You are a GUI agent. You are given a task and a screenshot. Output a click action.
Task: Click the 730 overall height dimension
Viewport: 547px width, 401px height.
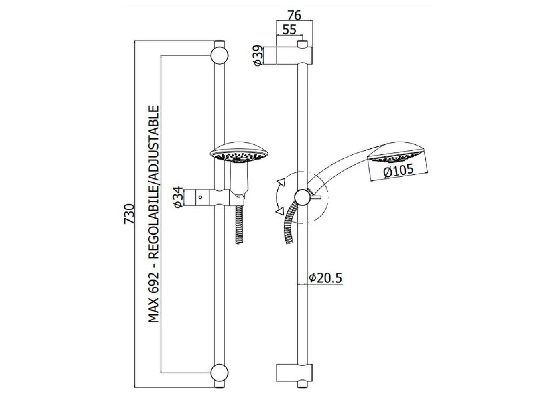click(x=129, y=214)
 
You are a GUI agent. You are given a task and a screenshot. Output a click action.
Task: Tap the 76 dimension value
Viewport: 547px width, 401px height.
click(x=294, y=16)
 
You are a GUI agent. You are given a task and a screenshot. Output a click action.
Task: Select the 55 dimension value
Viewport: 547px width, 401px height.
click(x=289, y=30)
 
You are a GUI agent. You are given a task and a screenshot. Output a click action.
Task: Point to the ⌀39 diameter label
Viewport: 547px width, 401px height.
click(x=258, y=55)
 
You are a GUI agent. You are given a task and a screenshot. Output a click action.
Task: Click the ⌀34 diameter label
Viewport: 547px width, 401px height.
click(x=178, y=197)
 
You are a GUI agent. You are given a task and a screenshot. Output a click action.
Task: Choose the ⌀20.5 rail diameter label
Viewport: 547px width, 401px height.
click(x=326, y=278)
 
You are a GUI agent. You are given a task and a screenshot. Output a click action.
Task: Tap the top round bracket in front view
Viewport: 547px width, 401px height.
click(x=219, y=55)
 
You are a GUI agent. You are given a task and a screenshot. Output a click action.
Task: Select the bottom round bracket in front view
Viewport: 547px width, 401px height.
click(x=219, y=379)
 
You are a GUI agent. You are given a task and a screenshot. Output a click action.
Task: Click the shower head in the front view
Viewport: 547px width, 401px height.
click(x=239, y=152)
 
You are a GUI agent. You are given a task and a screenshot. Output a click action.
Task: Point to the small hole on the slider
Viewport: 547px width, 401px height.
click(x=201, y=197)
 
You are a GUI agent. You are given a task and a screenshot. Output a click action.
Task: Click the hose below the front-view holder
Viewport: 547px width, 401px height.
click(x=239, y=225)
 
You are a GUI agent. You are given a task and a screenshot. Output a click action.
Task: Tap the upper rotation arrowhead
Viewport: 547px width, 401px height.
click(x=281, y=182)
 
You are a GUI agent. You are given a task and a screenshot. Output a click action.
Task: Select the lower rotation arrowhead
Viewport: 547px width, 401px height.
click(x=280, y=211)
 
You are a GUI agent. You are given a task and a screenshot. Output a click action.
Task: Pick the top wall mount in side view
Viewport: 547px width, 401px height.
click(x=294, y=55)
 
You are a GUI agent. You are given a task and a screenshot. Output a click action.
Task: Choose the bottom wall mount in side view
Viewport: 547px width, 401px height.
click(x=294, y=380)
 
